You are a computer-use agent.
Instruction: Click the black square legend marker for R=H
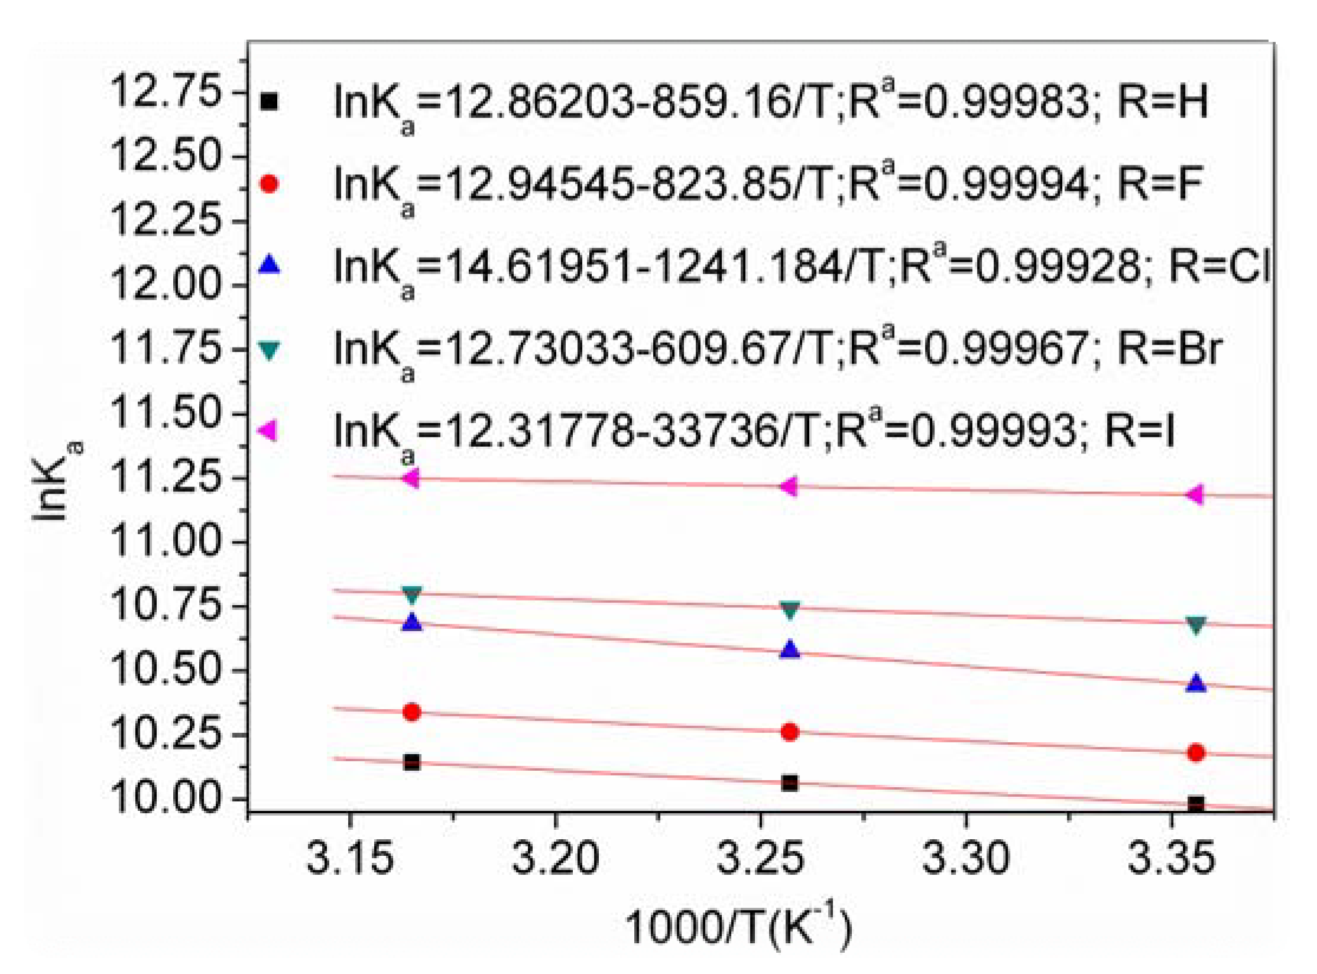point(269,102)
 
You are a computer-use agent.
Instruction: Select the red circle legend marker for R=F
point(269,184)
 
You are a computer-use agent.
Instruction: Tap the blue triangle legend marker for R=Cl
point(269,264)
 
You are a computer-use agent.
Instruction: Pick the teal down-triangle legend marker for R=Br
point(269,350)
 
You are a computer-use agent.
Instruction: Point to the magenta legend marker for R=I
point(268,430)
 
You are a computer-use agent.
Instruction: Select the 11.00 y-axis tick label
point(165,541)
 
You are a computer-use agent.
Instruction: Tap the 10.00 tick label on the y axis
point(165,798)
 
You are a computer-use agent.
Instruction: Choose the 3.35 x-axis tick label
point(1171,859)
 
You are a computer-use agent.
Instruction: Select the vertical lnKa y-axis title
point(56,482)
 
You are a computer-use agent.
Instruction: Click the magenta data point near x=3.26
point(789,486)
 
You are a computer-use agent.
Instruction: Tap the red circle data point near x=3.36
point(1196,752)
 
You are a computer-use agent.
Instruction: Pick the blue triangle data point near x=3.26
point(790,650)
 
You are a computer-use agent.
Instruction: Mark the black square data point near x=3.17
point(411,762)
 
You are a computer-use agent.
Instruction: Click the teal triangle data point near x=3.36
point(1196,625)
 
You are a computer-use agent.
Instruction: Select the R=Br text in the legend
point(1169,348)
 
